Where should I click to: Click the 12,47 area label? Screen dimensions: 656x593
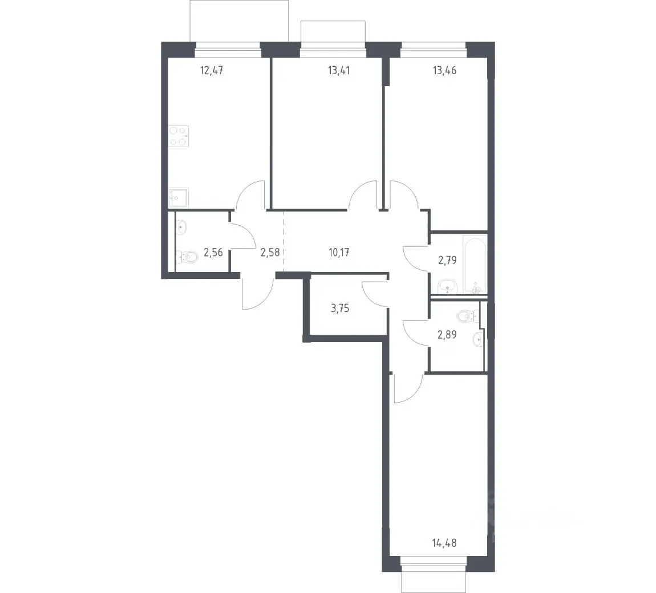(x=211, y=70)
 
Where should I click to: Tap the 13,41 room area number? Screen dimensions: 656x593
(x=339, y=70)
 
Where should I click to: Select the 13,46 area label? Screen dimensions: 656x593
(x=445, y=70)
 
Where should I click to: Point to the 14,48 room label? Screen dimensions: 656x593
(x=444, y=543)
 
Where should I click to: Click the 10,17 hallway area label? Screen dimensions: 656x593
(x=339, y=252)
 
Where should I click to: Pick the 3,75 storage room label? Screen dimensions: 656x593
(x=340, y=308)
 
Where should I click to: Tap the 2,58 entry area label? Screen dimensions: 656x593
(x=270, y=252)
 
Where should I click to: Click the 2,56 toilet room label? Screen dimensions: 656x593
(x=213, y=252)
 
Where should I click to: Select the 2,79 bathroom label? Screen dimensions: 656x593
(x=447, y=260)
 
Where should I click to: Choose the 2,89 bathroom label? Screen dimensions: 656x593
(x=447, y=335)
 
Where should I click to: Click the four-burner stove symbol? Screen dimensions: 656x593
(x=179, y=136)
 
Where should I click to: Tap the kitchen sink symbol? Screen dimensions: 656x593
(x=179, y=198)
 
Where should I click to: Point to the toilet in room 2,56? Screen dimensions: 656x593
(x=188, y=257)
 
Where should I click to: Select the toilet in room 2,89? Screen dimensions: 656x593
(x=466, y=316)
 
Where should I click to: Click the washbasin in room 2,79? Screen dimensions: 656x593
(x=448, y=287)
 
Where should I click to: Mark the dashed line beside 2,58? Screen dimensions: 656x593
(x=284, y=242)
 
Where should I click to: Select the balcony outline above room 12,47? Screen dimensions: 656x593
(x=240, y=21)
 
